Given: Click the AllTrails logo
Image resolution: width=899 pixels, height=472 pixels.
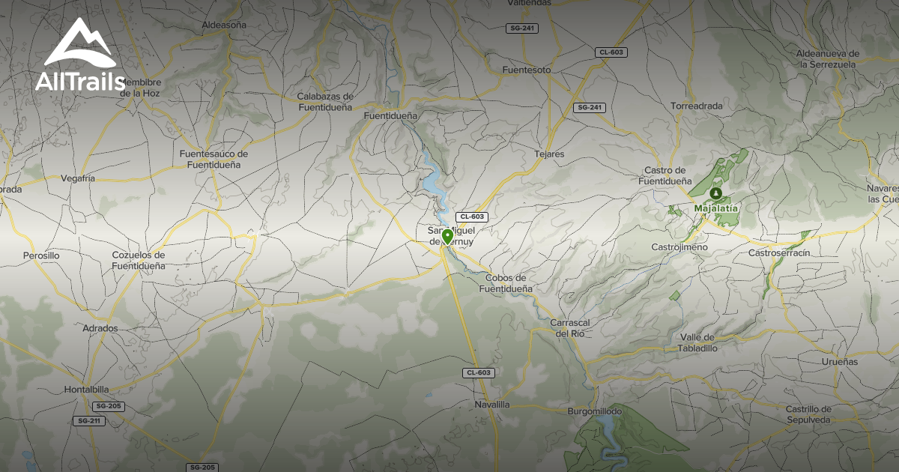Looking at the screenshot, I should tap(80, 56).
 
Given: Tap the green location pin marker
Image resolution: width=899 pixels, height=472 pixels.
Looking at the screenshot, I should tap(447, 237).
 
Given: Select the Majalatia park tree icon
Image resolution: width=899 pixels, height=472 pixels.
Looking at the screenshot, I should tap(715, 193).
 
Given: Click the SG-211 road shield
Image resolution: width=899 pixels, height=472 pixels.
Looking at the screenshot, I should tap(89, 421).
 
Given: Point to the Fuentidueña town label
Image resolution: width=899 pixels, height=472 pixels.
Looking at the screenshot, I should tap(390, 117).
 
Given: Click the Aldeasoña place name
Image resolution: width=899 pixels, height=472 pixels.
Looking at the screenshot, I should tap(224, 25).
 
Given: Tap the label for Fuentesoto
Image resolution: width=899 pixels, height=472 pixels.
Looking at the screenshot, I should tap(526, 70).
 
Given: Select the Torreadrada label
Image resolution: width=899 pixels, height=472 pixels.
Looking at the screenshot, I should tap(697, 106).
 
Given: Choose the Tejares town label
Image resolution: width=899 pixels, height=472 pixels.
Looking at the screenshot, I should tap(549, 154).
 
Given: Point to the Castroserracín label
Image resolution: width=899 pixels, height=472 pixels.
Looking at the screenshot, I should tap(779, 253).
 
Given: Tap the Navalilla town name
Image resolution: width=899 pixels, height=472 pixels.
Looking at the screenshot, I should tap(492, 405).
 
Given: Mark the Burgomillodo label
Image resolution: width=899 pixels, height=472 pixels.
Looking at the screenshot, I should tap(596, 411).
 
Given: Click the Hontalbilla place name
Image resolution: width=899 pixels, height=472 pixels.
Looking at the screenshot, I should tap(86, 390).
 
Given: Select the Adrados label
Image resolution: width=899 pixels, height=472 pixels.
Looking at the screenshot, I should tap(100, 328).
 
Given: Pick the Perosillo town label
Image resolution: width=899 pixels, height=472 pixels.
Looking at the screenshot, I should tap(41, 255).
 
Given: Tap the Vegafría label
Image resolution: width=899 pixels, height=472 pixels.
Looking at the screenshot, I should tap(78, 178).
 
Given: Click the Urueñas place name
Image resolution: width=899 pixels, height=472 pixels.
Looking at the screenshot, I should tap(839, 362).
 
